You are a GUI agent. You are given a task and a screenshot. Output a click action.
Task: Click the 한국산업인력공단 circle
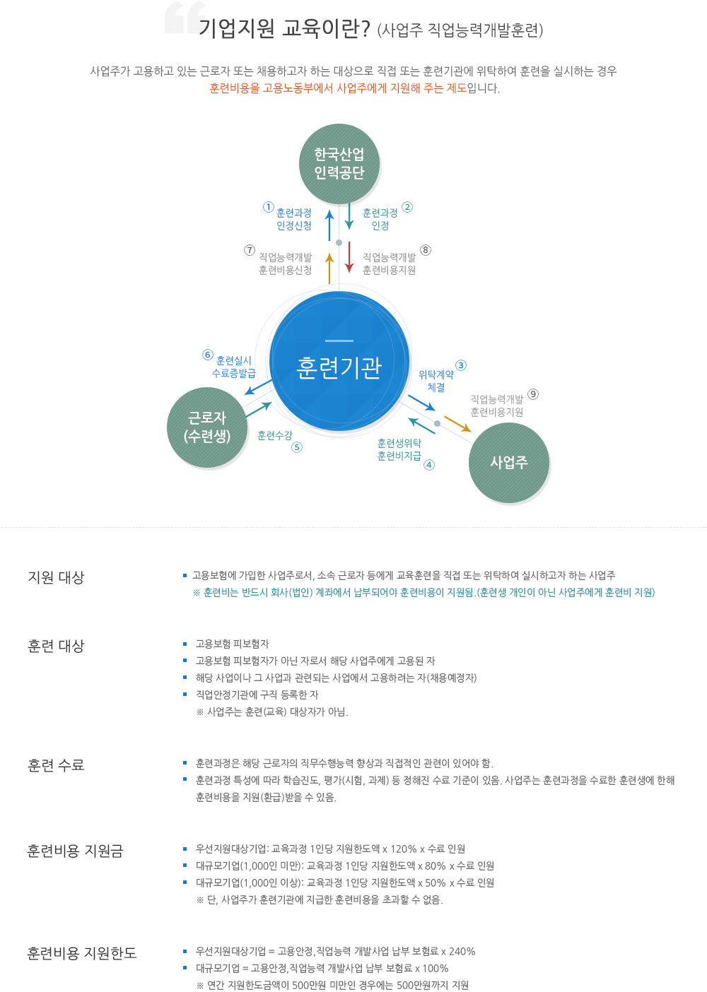(x=339, y=164)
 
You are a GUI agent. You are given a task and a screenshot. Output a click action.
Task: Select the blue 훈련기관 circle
(x=339, y=362)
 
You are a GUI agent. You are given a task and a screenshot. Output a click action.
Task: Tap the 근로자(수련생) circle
(x=207, y=427)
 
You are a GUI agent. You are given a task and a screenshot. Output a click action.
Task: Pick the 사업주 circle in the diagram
(x=509, y=463)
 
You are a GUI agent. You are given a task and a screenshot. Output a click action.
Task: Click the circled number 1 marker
(x=269, y=207)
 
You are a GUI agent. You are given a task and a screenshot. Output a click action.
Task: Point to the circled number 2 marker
(x=407, y=207)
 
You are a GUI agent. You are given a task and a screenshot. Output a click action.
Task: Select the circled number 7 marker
(x=250, y=250)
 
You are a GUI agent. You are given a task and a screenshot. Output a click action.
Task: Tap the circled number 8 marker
(x=426, y=250)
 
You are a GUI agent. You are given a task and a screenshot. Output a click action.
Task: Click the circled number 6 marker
(x=208, y=355)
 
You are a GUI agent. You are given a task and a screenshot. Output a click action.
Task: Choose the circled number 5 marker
(x=297, y=447)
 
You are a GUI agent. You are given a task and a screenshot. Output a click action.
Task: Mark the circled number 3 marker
(x=461, y=365)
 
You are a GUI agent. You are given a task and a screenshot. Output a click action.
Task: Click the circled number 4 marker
(x=429, y=465)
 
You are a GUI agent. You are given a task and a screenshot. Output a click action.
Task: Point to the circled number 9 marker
(x=533, y=394)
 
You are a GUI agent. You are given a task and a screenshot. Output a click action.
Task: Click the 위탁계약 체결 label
(x=436, y=381)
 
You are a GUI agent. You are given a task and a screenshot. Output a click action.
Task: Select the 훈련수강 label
(x=275, y=436)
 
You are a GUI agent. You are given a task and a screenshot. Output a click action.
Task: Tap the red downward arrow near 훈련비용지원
(x=349, y=258)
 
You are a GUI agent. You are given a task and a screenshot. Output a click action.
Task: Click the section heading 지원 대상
(x=57, y=577)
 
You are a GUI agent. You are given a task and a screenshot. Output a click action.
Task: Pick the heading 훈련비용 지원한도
(x=82, y=953)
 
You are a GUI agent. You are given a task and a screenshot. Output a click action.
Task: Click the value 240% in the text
(x=462, y=952)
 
